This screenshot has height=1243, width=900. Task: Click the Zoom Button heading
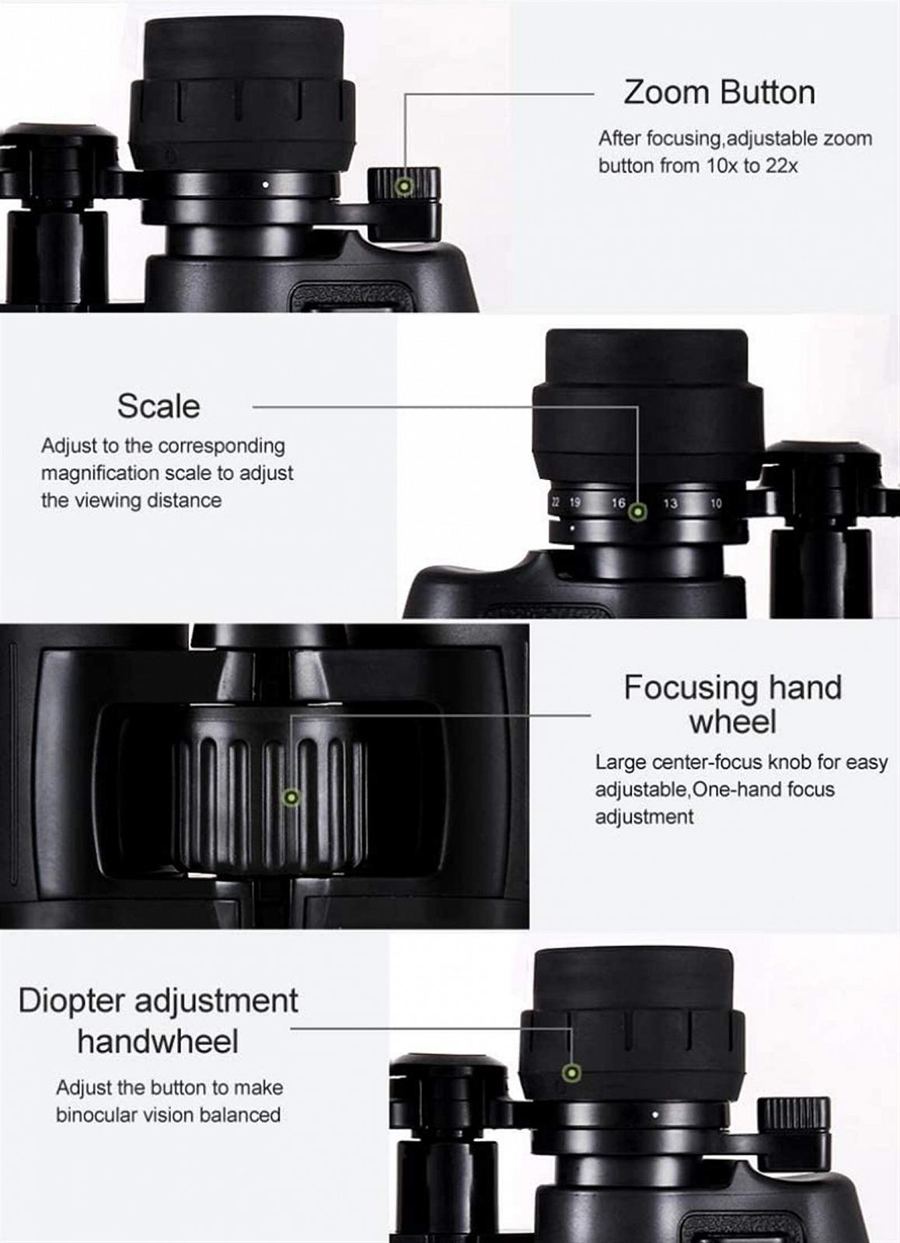(x=720, y=92)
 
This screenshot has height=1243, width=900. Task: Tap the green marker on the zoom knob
(x=405, y=186)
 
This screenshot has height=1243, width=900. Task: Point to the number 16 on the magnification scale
(x=619, y=503)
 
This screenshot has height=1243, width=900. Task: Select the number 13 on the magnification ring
(x=670, y=503)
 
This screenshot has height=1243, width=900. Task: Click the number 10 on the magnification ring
(x=717, y=503)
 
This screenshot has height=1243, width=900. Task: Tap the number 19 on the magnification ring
(x=574, y=503)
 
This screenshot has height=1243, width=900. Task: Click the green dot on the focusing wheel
(x=291, y=798)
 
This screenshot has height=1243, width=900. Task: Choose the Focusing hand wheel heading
(x=733, y=705)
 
